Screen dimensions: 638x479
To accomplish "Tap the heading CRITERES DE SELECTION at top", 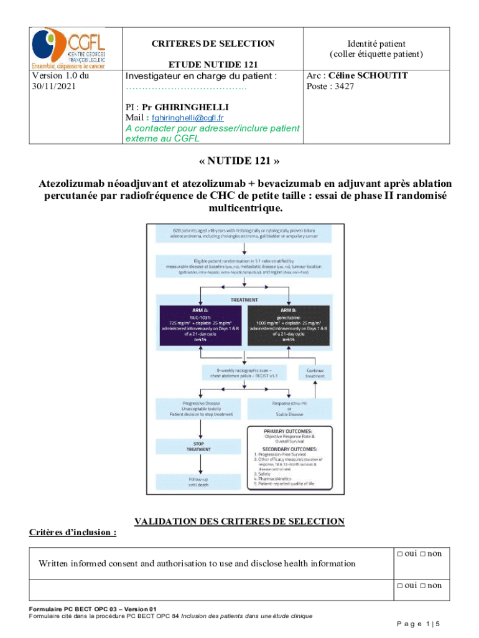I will point(213,44).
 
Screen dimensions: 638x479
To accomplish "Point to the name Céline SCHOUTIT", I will point(368,75).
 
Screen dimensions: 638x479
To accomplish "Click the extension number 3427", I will point(343,87).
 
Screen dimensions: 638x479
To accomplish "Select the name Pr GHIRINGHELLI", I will point(185,107).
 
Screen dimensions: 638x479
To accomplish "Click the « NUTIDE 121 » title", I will point(240,161).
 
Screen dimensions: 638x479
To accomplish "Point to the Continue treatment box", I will point(315,373).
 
